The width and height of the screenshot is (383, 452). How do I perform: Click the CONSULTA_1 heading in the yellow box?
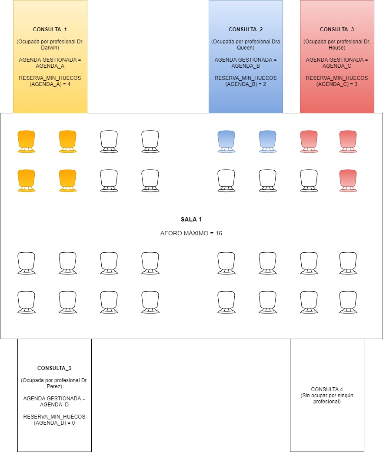(50, 30)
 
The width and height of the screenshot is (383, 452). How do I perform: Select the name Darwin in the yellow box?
(50, 48)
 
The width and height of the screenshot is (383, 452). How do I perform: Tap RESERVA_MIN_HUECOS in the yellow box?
(50, 78)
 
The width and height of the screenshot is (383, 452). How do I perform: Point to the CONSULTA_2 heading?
(246, 30)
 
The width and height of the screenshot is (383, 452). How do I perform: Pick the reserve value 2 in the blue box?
(264, 84)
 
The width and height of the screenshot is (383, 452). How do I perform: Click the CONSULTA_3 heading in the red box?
(337, 30)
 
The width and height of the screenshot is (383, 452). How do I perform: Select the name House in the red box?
(336, 48)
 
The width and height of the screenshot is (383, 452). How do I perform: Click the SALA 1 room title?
(191, 219)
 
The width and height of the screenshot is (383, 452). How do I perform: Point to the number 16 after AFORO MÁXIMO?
(219, 233)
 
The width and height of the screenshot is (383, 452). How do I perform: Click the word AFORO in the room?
(169, 233)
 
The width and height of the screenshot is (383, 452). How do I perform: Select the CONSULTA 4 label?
(327, 389)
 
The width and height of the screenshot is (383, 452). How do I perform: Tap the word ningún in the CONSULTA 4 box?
(345, 396)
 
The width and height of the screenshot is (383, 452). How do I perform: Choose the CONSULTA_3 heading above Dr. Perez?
(54, 368)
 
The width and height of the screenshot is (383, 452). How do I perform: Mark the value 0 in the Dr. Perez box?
(73, 423)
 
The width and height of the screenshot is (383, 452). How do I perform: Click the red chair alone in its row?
(348, 181)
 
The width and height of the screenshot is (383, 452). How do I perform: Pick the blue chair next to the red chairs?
(267, 142)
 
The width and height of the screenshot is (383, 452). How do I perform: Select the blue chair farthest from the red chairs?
(226, 142)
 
